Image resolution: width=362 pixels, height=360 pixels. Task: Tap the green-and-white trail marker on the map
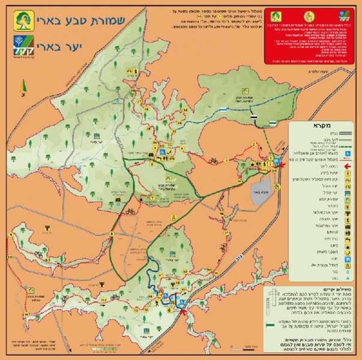tap(273, 122)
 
